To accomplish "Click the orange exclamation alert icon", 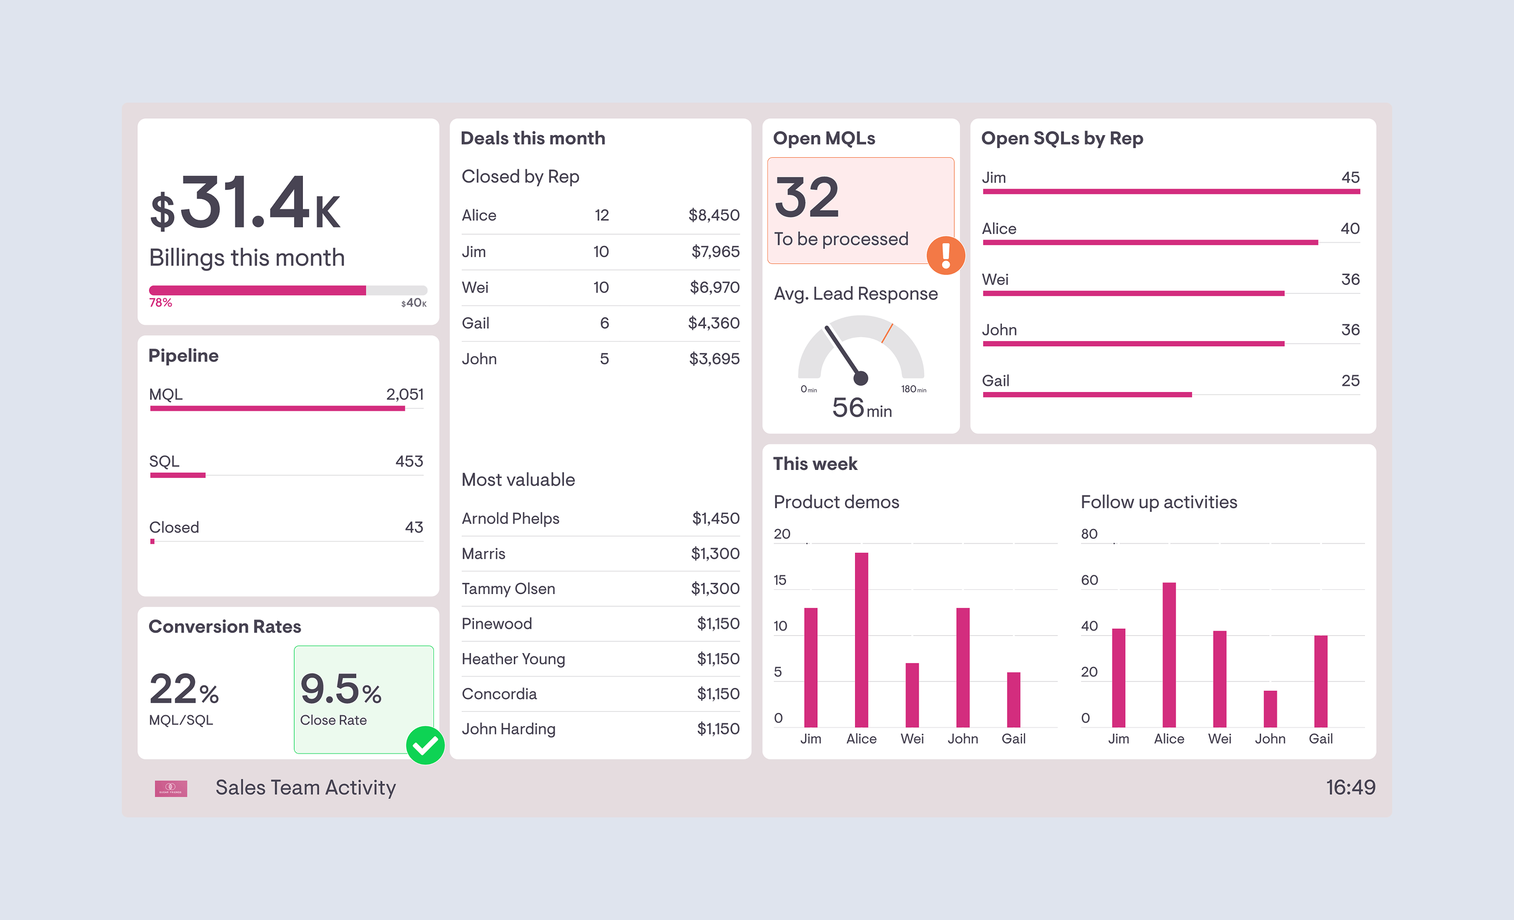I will click(946, 255).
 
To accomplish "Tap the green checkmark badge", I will click(425, 745).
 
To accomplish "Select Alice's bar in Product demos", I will click(861, 639).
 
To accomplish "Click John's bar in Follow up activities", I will click(1270, 709).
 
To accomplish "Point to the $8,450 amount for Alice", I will click(713, 215).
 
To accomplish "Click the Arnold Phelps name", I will click(510, 518).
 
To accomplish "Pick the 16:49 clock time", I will click(1350, 787).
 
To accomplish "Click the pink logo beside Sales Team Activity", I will click(171, 788).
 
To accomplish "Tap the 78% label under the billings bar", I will click(160, 302).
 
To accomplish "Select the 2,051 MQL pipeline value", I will click(404, 394).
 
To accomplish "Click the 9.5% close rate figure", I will click(341, 689).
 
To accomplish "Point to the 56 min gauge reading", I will click(861, 408).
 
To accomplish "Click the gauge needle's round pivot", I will click(861, 378).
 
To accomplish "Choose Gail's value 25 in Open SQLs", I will click(1350, 381).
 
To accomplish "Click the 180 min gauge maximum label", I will click(913, 389).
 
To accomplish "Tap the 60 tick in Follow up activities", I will click(1089, 580).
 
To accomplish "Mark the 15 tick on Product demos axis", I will click(780, 580).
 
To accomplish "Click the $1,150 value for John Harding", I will click(718, 729).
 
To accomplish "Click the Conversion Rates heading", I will click(225, 626).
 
